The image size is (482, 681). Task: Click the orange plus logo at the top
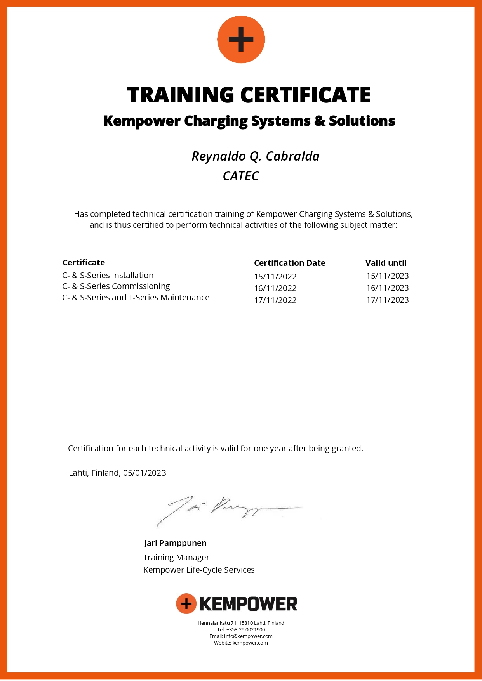pyautogui.click(x=241, y=39)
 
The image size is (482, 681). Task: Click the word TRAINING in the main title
pyautogui.click(x=180, y=95)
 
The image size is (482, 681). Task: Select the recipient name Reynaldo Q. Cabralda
pyautogui.click(x=256, y=156)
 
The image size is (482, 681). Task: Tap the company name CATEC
pyautogui.click(x=241, y=176)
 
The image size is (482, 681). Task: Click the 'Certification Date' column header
pyautogui.click(x=289, y=263)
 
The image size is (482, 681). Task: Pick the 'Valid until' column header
pyautogui.click(x=386, y=263)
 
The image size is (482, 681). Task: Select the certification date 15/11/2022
pyautogui.click(x=275, y=277)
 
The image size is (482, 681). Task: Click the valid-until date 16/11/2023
pyautogui.click(x=387, y=288)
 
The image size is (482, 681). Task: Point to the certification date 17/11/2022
pyautogui.click(x=275, y=300)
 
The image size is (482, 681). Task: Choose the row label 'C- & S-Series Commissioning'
pyautogui.click(x=116, y=286)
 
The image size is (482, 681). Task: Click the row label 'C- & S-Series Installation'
pyautogui.click(x=108, y=276)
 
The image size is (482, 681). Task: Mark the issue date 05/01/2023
pyautogui.click(x=144, y=473)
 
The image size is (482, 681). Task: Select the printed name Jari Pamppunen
pyautogui.click(x=175, y=543)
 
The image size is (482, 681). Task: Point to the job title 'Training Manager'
pyautogui.click(x=176, y=558)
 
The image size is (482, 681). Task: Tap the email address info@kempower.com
pyautogui.click(x=248, y=636)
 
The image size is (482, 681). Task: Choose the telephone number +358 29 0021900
pyautogui.click(x=245, y=630)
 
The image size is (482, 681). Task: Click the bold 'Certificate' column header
pyautogui.click(x=84, y=263)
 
